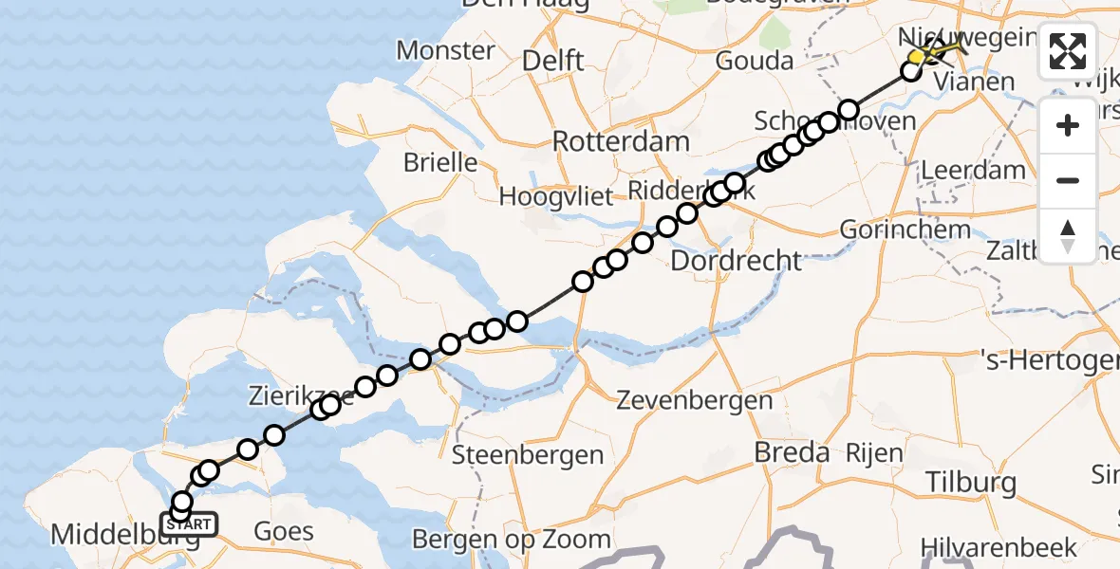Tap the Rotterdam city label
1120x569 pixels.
coord(621,143)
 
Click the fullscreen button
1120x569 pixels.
coord(1068,51)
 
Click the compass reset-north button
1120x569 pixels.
coord(1068,236)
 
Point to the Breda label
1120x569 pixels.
coord(792,452)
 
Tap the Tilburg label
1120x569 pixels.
coord(968,482)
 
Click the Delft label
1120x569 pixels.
coord(552,62)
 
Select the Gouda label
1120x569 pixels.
coord(756,62)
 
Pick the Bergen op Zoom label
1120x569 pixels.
coord(511,540)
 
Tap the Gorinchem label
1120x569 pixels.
coord(905,229)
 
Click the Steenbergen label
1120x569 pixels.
coord(527,454)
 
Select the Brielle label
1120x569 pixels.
coord(440,162)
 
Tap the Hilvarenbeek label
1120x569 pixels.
coord(999,547)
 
